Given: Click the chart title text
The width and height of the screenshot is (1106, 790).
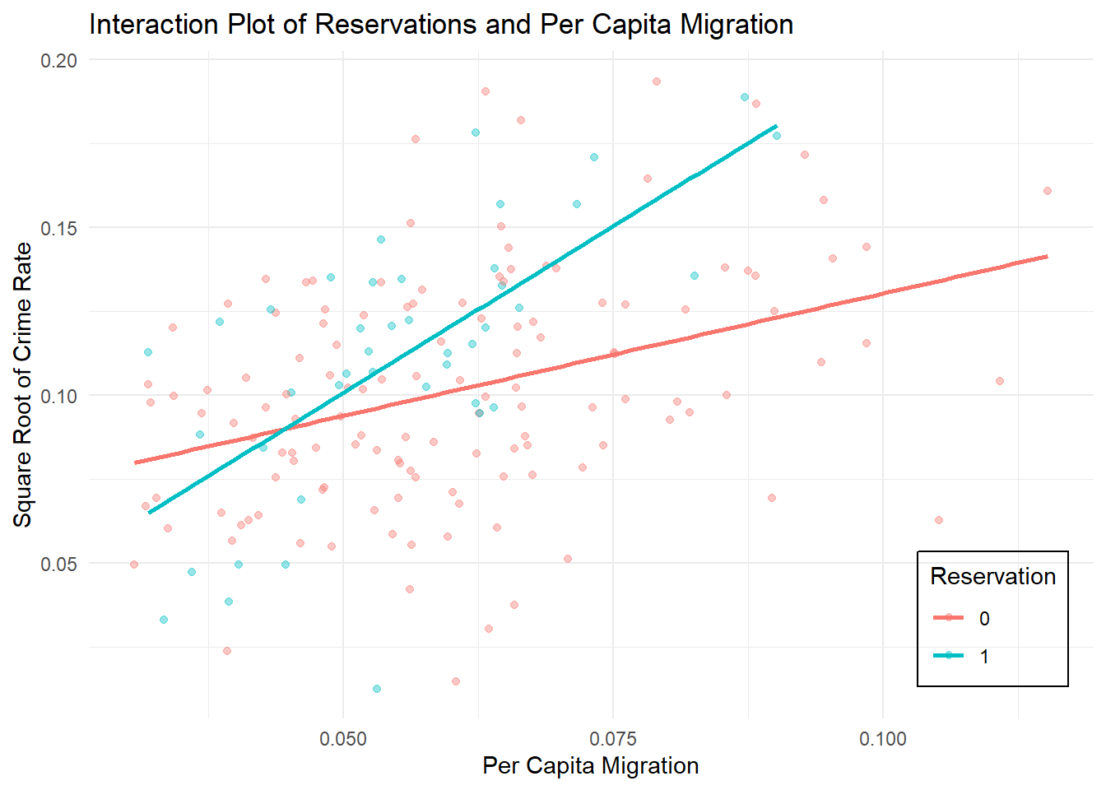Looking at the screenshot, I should (441, 25).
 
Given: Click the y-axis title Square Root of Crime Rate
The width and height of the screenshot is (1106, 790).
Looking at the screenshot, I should (23, 384).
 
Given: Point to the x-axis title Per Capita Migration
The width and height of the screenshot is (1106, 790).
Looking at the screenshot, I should (590, 765).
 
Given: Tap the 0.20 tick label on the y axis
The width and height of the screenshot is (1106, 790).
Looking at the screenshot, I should (59, 60).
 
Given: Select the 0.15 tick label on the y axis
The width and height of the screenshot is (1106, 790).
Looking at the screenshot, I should (59, 228).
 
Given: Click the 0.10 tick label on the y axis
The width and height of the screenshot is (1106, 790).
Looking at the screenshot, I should (59, 396).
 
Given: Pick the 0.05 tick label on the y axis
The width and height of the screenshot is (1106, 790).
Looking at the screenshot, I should (59, 564).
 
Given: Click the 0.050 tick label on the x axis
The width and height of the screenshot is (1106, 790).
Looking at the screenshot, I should (343, 738).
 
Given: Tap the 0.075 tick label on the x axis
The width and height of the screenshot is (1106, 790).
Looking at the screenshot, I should (613, 738).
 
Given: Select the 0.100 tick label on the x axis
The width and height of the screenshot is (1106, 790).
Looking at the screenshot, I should (883, 738).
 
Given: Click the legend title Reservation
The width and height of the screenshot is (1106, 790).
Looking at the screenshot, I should (992, 576).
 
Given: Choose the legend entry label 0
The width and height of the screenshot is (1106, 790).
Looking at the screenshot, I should (984, 619).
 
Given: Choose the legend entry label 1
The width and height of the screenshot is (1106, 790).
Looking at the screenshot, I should (984, 656).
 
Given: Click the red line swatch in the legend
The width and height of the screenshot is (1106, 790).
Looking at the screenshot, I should (949, 618).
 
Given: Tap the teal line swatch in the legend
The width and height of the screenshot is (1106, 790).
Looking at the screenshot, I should (949, 655).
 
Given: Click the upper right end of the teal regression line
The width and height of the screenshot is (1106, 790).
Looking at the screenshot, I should (776, 126).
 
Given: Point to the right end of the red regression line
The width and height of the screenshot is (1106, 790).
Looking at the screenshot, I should (1047, 256).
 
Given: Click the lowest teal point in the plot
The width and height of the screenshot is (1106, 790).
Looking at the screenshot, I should (377, 689).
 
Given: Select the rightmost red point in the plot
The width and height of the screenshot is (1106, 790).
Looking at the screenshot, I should (1048, 191).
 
